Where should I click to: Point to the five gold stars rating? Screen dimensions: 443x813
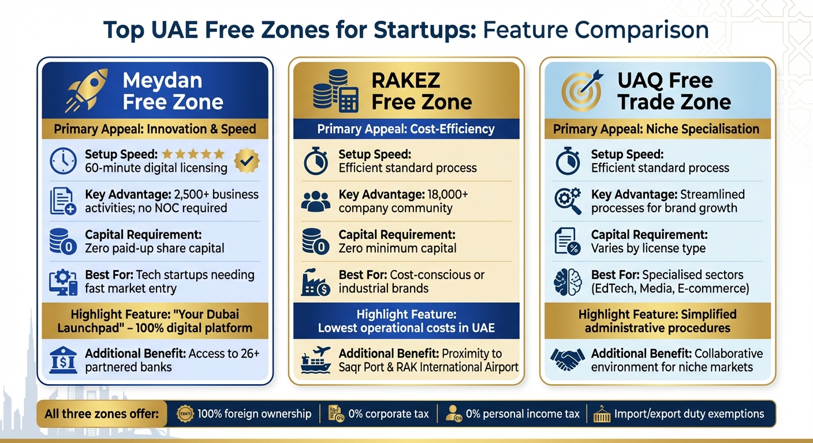[193, 154]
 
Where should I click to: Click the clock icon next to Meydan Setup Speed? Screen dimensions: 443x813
[63, 161]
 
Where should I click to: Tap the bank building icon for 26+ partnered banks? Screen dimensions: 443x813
[63, 359]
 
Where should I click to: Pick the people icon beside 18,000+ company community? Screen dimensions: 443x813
[315, 201]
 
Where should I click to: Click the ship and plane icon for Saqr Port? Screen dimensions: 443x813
[315, 359]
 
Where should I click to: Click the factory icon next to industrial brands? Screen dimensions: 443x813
[315, 281]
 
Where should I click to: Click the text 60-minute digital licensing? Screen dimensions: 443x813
[156, 168]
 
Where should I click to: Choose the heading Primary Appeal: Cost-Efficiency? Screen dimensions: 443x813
[406, 129]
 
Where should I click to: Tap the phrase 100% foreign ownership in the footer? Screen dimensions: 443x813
[254, 414]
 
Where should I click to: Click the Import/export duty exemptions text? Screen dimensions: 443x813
[689, 414]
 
